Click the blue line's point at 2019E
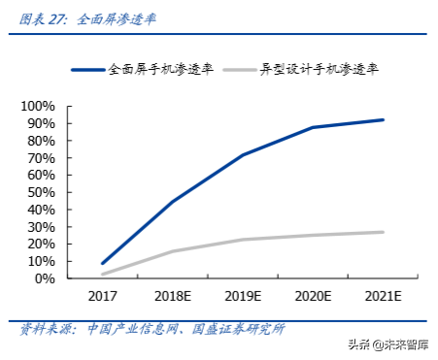(x=243, y=154)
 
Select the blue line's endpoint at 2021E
(x=383, y=119)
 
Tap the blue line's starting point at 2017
(x=103, y=263)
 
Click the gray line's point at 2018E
(x=173, y=251)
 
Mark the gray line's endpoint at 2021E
(x=383, y=232)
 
